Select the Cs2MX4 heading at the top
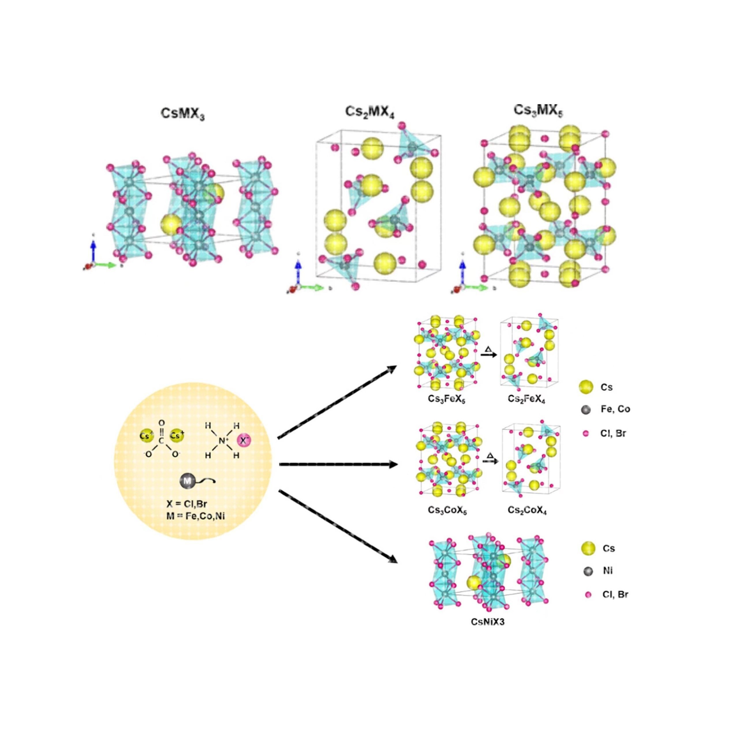point(369,112)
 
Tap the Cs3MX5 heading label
point(538,110)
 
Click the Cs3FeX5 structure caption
point(447,399)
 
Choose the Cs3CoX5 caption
point(447,510)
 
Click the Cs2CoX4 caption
point(527,510)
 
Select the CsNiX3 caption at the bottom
point(488,621)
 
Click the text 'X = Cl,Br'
point(187,504)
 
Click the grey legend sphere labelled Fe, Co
point(586,410)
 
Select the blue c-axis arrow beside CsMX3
point(93,250)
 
